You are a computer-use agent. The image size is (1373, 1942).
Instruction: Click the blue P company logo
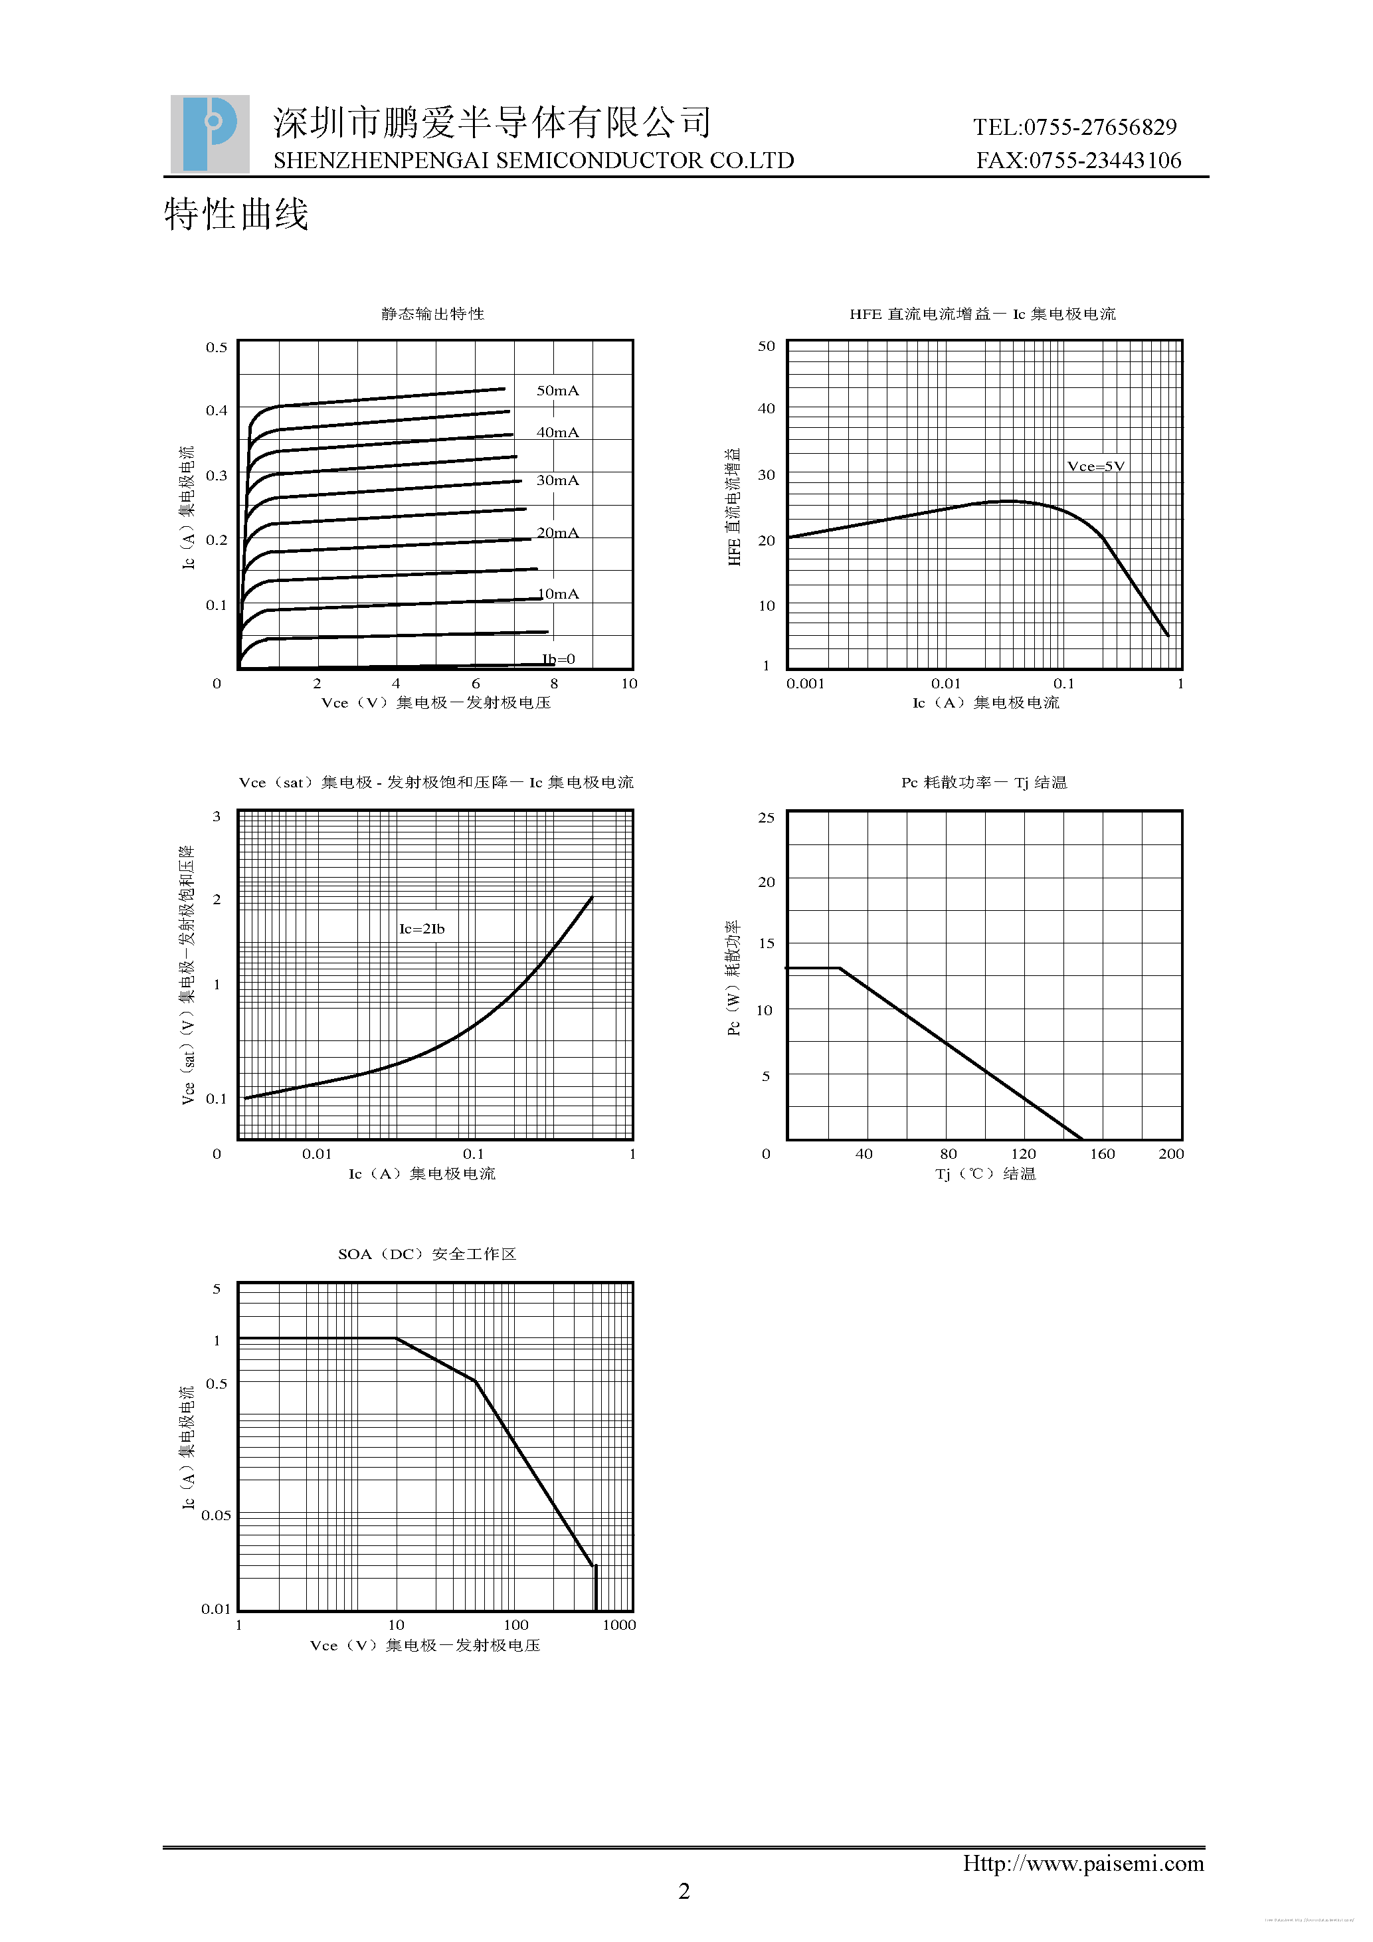pyautogui.click(x=210, y=134)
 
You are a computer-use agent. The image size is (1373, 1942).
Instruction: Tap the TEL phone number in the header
pyautogui.click(x=1075, y=127)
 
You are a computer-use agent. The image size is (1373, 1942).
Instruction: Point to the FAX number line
pyautogui.click(x=1078, y=161)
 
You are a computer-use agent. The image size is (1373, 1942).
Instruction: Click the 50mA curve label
pyautogui.click(x=558, y=391)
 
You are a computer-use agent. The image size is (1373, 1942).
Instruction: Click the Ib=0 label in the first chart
pyautogui.click(x=559, y=659)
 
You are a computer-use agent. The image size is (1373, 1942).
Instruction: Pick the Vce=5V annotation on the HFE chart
pyautogui.click(x=1096, y=466)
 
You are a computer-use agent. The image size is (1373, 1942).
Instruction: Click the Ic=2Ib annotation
pyautogui.click(x=422, y=929)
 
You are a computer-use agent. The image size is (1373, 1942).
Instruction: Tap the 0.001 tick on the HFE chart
pyautogui.click(x=805, y=684)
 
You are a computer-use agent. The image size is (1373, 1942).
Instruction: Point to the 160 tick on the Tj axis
pyautogui.click(x=1101, y=1153)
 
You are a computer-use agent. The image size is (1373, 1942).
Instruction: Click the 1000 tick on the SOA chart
pyautogui.click(x=619, y=1625)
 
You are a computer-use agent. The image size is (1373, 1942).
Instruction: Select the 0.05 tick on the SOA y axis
pyautogui.click(x=216, y=1515)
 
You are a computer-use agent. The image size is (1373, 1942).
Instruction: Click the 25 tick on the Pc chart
pyautogui.click(x=766, y=817)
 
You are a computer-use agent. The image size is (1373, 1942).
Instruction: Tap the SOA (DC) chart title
pyautogui.click(x=427, y=1254)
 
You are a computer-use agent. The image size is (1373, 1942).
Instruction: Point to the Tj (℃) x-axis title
pyautogui.click(x=985, y=1174)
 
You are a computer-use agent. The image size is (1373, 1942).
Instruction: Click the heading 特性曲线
pyautogui.click(x=236, y=215)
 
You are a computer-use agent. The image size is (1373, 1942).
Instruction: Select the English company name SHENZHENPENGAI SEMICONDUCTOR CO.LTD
pyautogui.click(x=533, y=161)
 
